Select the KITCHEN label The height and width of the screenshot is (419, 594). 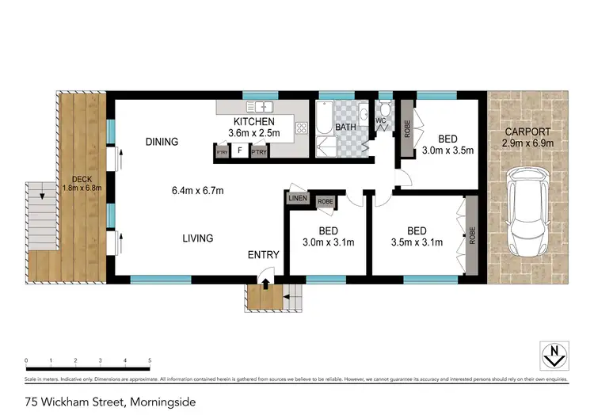(251, 121)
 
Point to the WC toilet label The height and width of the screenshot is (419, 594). (380, 121)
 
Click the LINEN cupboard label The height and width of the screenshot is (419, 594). (298, 198)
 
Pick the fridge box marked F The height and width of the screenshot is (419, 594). (238, 150)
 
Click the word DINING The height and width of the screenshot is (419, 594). (162, 143)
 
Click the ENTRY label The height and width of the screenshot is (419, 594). (263, 254)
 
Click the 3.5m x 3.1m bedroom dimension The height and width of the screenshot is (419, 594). (417, 242)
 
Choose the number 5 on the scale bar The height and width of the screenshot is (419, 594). (150, 361)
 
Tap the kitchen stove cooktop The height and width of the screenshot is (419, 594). (301, 127)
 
